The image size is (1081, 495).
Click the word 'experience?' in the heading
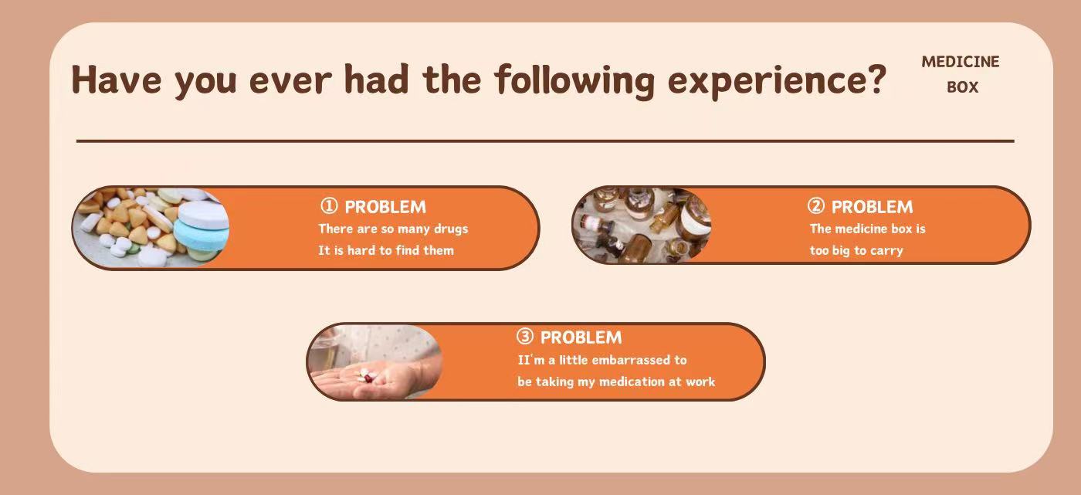point(777,81)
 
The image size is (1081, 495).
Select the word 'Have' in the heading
point(117,80)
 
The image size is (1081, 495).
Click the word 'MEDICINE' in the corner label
point(961,62)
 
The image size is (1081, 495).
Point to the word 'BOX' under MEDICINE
point(963,87)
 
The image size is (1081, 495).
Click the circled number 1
point(329,206)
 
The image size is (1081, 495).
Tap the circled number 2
point(816,206)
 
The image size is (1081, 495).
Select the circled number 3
point(525,336)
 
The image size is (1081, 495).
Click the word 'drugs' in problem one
point(451,229)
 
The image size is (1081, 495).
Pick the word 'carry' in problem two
point(886,251)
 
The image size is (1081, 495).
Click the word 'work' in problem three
point(701,381)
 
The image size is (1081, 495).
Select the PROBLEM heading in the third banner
point(581,337)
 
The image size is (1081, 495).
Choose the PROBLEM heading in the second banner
point(872,207)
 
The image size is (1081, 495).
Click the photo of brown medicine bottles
point(642,225)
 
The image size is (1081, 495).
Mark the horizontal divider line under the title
point(545,141)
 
